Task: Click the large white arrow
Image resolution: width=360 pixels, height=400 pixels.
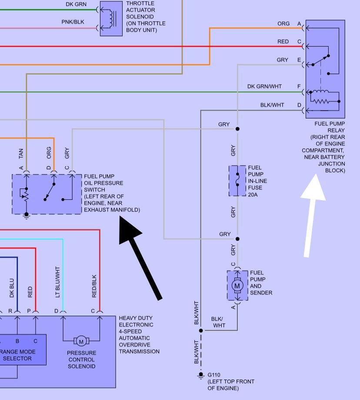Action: click(312, 216)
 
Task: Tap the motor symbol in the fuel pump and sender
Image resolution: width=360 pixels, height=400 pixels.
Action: click(237, 286)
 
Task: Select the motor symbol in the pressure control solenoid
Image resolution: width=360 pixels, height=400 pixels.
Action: click(81, 341)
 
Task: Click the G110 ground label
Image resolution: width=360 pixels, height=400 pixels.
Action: click(214, 375)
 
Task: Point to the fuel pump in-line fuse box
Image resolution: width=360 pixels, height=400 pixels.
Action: click(237, 181)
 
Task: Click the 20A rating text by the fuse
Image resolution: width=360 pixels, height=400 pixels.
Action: click(253, 195)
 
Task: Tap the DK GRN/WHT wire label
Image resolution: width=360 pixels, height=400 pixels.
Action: click(264, 87)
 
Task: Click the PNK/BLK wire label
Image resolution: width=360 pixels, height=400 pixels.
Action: click(73, 22)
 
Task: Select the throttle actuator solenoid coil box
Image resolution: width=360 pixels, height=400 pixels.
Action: click(111, 18)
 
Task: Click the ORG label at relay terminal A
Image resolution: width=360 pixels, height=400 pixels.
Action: click(283, 24)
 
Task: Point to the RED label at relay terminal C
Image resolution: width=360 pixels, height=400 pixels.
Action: click(283, 41)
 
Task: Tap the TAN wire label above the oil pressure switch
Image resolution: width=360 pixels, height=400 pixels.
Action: click(21, 154)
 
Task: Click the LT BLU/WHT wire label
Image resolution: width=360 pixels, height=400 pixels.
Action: click(57, 282)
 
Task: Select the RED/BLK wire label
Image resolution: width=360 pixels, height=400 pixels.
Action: click(94, 286)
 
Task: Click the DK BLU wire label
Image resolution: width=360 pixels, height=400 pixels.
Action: click(12, 288)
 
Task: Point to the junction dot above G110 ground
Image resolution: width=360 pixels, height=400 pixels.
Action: click(201, 331)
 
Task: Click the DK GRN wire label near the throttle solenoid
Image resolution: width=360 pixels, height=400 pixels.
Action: click(76, 4)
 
